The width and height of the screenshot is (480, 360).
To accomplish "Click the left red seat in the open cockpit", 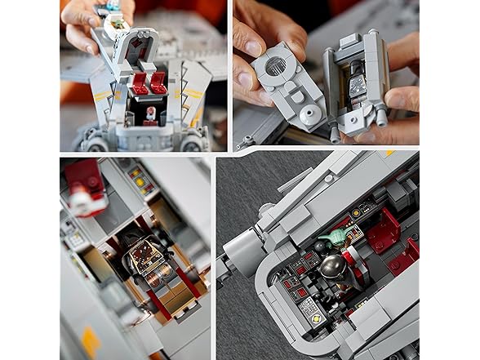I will pyautogui.click(x=140, y=82).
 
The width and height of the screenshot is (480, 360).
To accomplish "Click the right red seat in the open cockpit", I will pyautogui.click(x=159, y=82).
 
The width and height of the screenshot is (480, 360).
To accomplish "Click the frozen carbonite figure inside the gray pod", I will pyautogui.click(x=358, y=86).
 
